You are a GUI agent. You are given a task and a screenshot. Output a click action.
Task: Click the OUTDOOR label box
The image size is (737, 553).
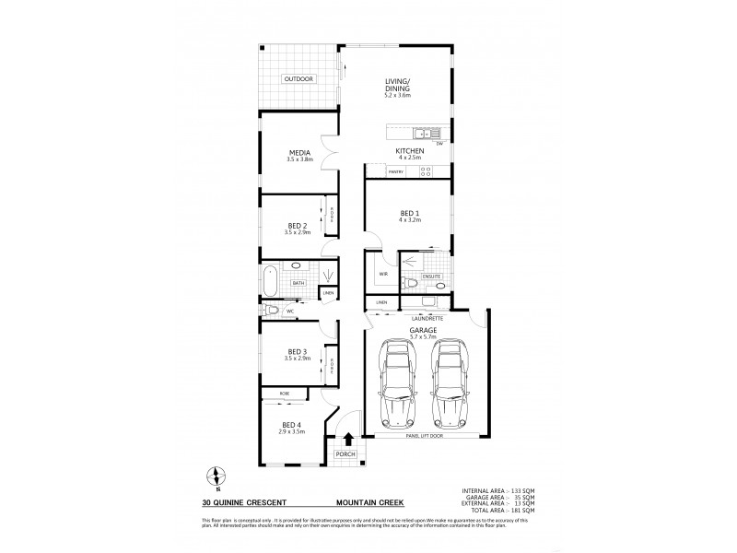[x=298, y=79]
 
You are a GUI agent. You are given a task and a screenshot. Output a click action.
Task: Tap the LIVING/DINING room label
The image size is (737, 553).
[x=397, y=88]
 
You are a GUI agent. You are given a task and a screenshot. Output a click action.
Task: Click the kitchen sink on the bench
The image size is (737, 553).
[x=420, y=133]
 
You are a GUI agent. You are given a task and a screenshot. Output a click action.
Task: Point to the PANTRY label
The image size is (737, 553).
[x=396, y=172]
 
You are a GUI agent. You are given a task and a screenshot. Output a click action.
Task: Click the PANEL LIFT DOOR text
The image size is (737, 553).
[x=424, y=439]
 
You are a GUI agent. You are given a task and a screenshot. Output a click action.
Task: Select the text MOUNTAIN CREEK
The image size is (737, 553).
[x=366, y=503]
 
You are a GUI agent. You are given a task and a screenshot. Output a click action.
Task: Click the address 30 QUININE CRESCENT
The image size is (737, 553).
[x=242, y=503]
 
